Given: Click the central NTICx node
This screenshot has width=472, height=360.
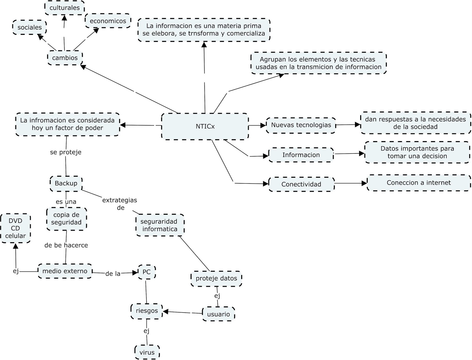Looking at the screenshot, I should (205, 126).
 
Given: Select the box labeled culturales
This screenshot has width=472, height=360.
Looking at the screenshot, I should (65, 8).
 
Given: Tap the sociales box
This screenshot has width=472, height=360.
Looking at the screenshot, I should (29, 27).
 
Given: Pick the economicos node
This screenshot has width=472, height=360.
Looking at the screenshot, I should (108, 21).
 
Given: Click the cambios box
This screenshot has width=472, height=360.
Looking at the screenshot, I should (65, 58).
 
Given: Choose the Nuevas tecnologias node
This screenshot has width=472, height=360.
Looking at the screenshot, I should (301, 125).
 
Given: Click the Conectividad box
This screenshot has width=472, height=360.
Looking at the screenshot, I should (301, 184).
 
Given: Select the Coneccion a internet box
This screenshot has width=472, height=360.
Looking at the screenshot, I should (419, 183).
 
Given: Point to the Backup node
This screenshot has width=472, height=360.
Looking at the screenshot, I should (66, 183).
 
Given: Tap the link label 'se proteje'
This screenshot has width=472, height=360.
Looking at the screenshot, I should (65, 152).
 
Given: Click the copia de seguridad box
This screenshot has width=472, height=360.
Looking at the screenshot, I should (66, 219).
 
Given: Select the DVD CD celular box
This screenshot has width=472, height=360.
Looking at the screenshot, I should (15, 228).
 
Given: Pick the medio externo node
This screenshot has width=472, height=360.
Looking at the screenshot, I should (65, 271).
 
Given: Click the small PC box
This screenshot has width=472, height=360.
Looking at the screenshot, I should (147, 272).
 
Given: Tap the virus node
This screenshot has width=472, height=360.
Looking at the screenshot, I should (147, 352).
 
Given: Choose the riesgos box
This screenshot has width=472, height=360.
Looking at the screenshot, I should (147, 311).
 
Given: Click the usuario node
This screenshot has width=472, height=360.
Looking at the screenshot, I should (218, 314).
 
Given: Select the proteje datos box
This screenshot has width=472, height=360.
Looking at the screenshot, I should (216, 278).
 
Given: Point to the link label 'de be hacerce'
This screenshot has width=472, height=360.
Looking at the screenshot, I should (66, 245).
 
